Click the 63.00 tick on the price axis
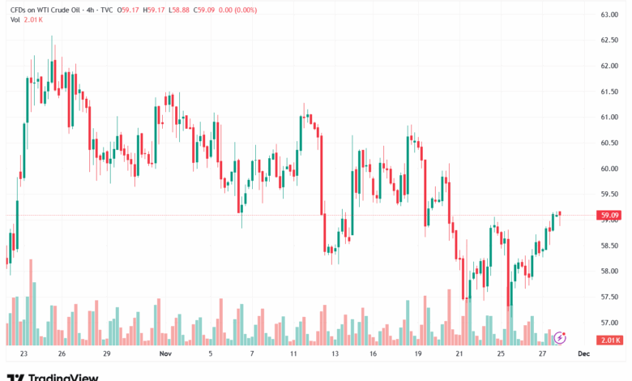(x=609, y=15)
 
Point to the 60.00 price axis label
(x=609, y=169)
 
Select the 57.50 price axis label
(x=609, y=297)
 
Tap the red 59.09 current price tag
(x=610, y=216)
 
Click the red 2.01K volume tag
(x=610, y=340)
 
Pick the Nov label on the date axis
(x=165, y=354)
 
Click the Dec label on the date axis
(x=583, y=354)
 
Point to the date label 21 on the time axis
(x=459, y=354)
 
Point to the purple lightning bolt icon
(x=559, y=336)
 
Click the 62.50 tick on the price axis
(x=609, y=41)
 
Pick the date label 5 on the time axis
(x=210, y=354)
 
